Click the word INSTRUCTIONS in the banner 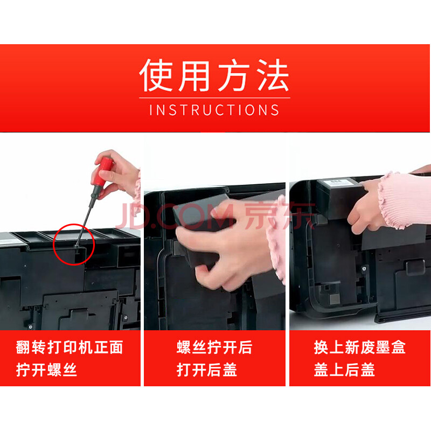(214, 110)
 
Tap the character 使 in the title (156, 75)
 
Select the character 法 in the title (273, 75)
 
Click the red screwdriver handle (103, 171)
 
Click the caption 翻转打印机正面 (69, 347)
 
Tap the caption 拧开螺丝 (46, 370)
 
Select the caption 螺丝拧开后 (214, 347)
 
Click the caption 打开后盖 (207, 370)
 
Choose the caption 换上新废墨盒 (359, 347)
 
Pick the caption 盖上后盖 (344, 370)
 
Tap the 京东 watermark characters (279, 216)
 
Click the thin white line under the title (214, 98)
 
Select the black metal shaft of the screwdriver (86, 217)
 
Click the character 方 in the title (234, 75)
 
